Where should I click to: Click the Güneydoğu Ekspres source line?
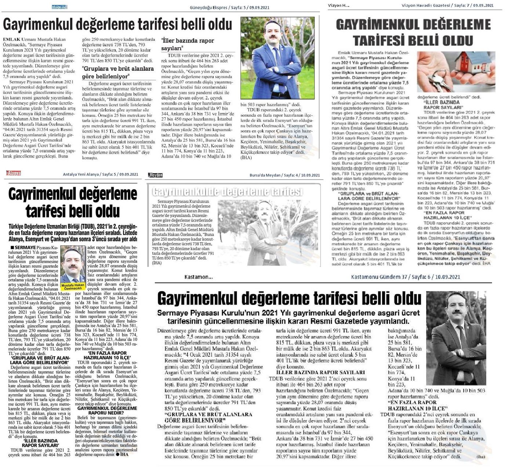(235, 7)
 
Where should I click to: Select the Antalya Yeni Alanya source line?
(101, 174)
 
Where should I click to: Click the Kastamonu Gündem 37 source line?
(405, 277)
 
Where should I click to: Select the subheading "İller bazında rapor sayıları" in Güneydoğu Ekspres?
(187, 44)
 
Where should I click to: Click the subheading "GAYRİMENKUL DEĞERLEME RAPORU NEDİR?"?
(107, 411)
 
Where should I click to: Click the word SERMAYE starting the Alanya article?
(25, 248)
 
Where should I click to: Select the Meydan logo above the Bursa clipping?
(155, 175)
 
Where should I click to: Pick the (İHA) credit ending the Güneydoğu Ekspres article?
(246, 158)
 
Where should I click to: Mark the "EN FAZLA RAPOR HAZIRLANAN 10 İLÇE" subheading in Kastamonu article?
(417, 405)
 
